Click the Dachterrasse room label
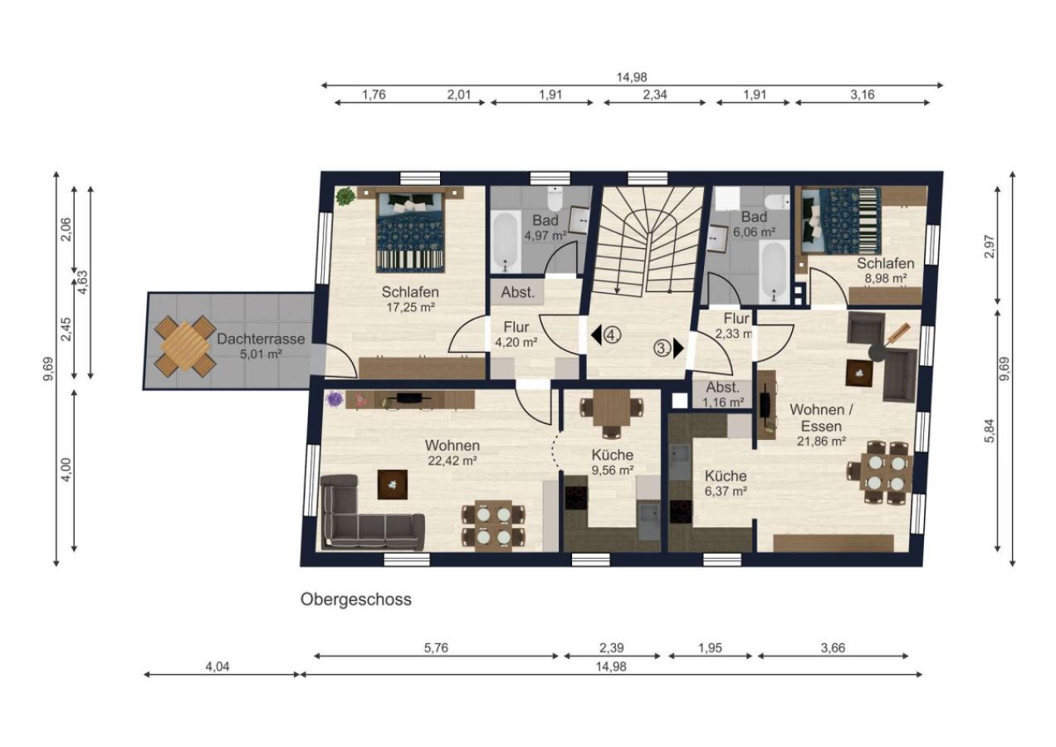(x=261, y=339)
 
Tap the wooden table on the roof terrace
(x=185, y=346)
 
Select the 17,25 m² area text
(x=410, y=308)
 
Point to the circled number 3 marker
(x=662, y=349)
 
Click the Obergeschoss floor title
(x=356, y=599)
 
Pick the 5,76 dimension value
(x=436, y=648)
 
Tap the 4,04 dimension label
(x=218, y=666)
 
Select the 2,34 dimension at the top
(x=655, y=95)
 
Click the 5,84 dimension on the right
(x=990, y=430)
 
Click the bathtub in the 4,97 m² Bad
(x=506, y=242)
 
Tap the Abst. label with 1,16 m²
(x=723, y=388)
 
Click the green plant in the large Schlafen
(x=345, y=195)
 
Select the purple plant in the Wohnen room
(x=335, y=399)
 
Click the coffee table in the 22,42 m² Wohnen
(x=392, y=484)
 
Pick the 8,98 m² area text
(x=886, y=279)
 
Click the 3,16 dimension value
(x=863, y=95)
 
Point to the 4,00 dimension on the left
(x=66, y=470)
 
